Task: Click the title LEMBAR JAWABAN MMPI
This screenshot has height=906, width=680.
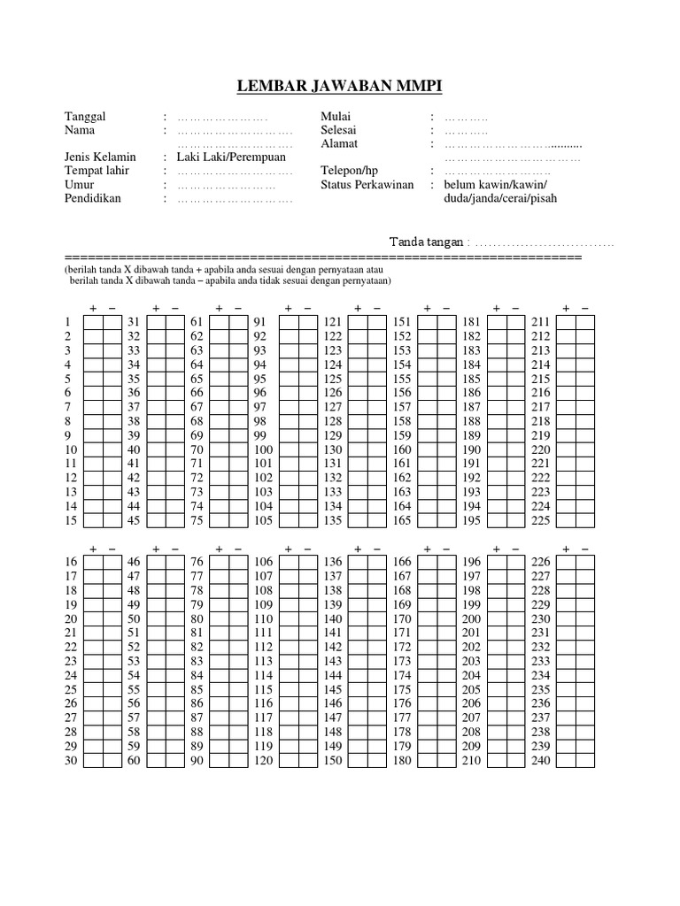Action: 340,86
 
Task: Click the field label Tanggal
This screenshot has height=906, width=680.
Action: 85,117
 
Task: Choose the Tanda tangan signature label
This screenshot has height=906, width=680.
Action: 428,242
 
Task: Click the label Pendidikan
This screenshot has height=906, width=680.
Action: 93,198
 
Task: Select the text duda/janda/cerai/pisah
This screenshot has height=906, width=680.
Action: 500,198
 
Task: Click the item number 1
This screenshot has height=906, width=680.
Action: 67,321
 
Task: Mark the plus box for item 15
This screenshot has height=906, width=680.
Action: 94,520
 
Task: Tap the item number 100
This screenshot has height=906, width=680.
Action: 264,449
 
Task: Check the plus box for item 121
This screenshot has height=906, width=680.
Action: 358,321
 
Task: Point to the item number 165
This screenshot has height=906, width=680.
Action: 402,520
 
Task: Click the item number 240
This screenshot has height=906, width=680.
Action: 540,761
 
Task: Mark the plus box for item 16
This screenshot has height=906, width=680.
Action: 94,562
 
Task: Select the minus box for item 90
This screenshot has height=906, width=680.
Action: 237,761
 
